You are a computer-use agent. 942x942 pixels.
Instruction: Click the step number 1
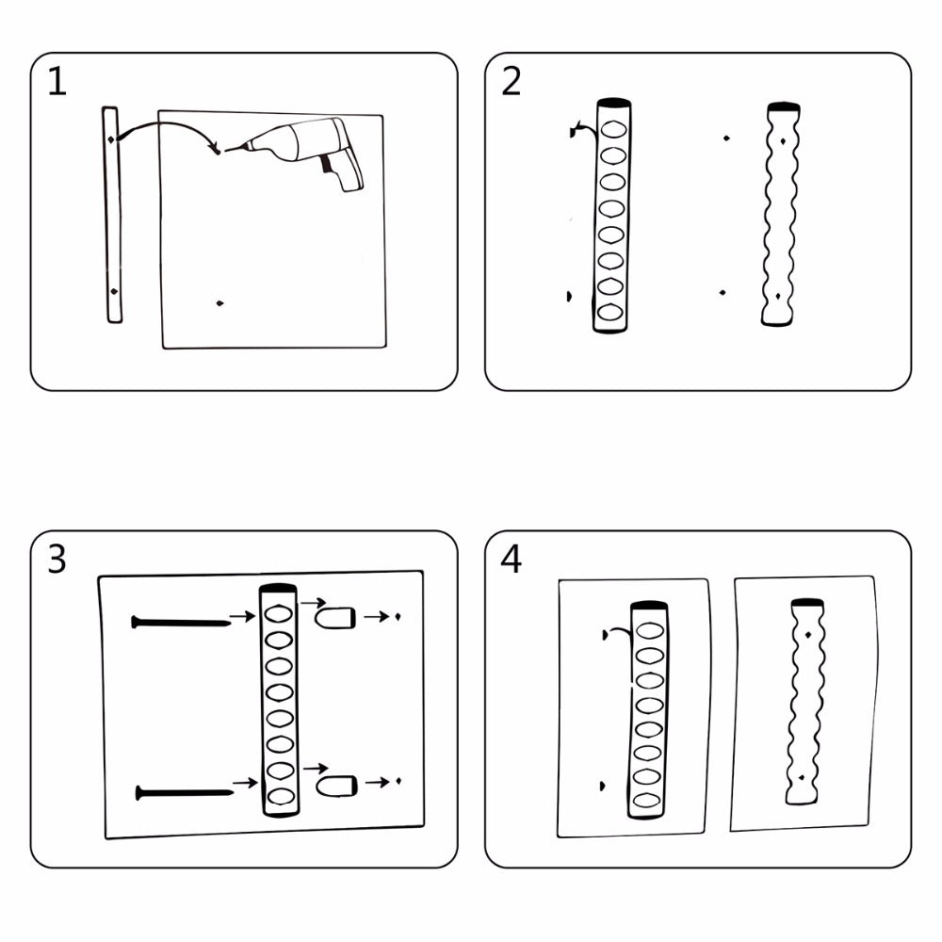pyautogui.click(x=57, y=82)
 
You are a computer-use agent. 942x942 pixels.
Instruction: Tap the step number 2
pyautogui.click(x=512, y=82)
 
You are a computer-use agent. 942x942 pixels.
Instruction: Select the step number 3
pyautogui.click(x=57, y=560)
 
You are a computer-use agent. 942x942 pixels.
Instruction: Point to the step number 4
pyautogui.click(x=512, y=560)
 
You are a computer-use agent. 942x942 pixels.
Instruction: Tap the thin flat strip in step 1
pyautogui.click(x=112, y=215)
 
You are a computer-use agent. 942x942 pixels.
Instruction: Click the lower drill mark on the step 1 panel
pyautogui.click(x=219, y=303)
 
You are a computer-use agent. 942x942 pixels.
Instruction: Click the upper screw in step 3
pyautogui.click(x=181, y=623)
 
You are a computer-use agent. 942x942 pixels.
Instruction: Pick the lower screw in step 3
pyautogui.click(x=185, y=793)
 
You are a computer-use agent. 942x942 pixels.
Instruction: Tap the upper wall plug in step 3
pyautogui.click(x=335, y=618)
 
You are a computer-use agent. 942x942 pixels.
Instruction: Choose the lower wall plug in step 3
pyautogui.click(x=337, y=786)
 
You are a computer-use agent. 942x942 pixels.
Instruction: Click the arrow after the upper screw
pyautogui.click(x=243, y=616)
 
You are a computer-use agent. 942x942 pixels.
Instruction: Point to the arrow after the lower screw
pyautogui.click(x=245, y=783)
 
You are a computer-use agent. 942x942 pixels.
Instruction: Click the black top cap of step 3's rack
pyautogui.click(x=278, y=588)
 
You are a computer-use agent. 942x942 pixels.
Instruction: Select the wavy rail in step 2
pyautogui.click(x=780, y=215)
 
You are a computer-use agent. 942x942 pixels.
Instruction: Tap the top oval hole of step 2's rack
pyautogui.click(x=613, y=129)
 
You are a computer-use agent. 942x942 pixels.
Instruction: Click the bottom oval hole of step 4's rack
pyautogui.click(x=646, y=800)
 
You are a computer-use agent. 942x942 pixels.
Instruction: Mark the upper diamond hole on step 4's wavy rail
pyautogui.click(x=808, y=634)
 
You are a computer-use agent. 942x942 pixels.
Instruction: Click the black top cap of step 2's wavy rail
pyautogui.click(x=784, y=107)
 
